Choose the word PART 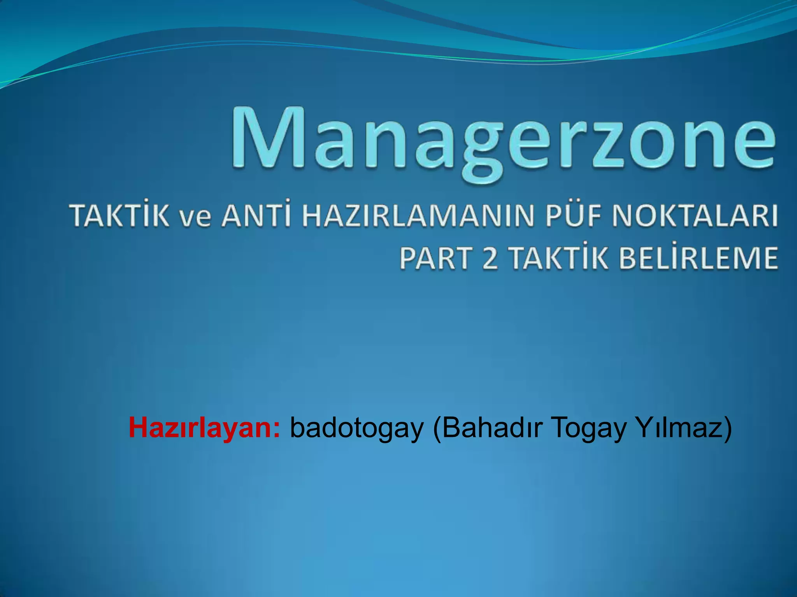click(434, 258)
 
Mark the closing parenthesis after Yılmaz click(727, 428)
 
